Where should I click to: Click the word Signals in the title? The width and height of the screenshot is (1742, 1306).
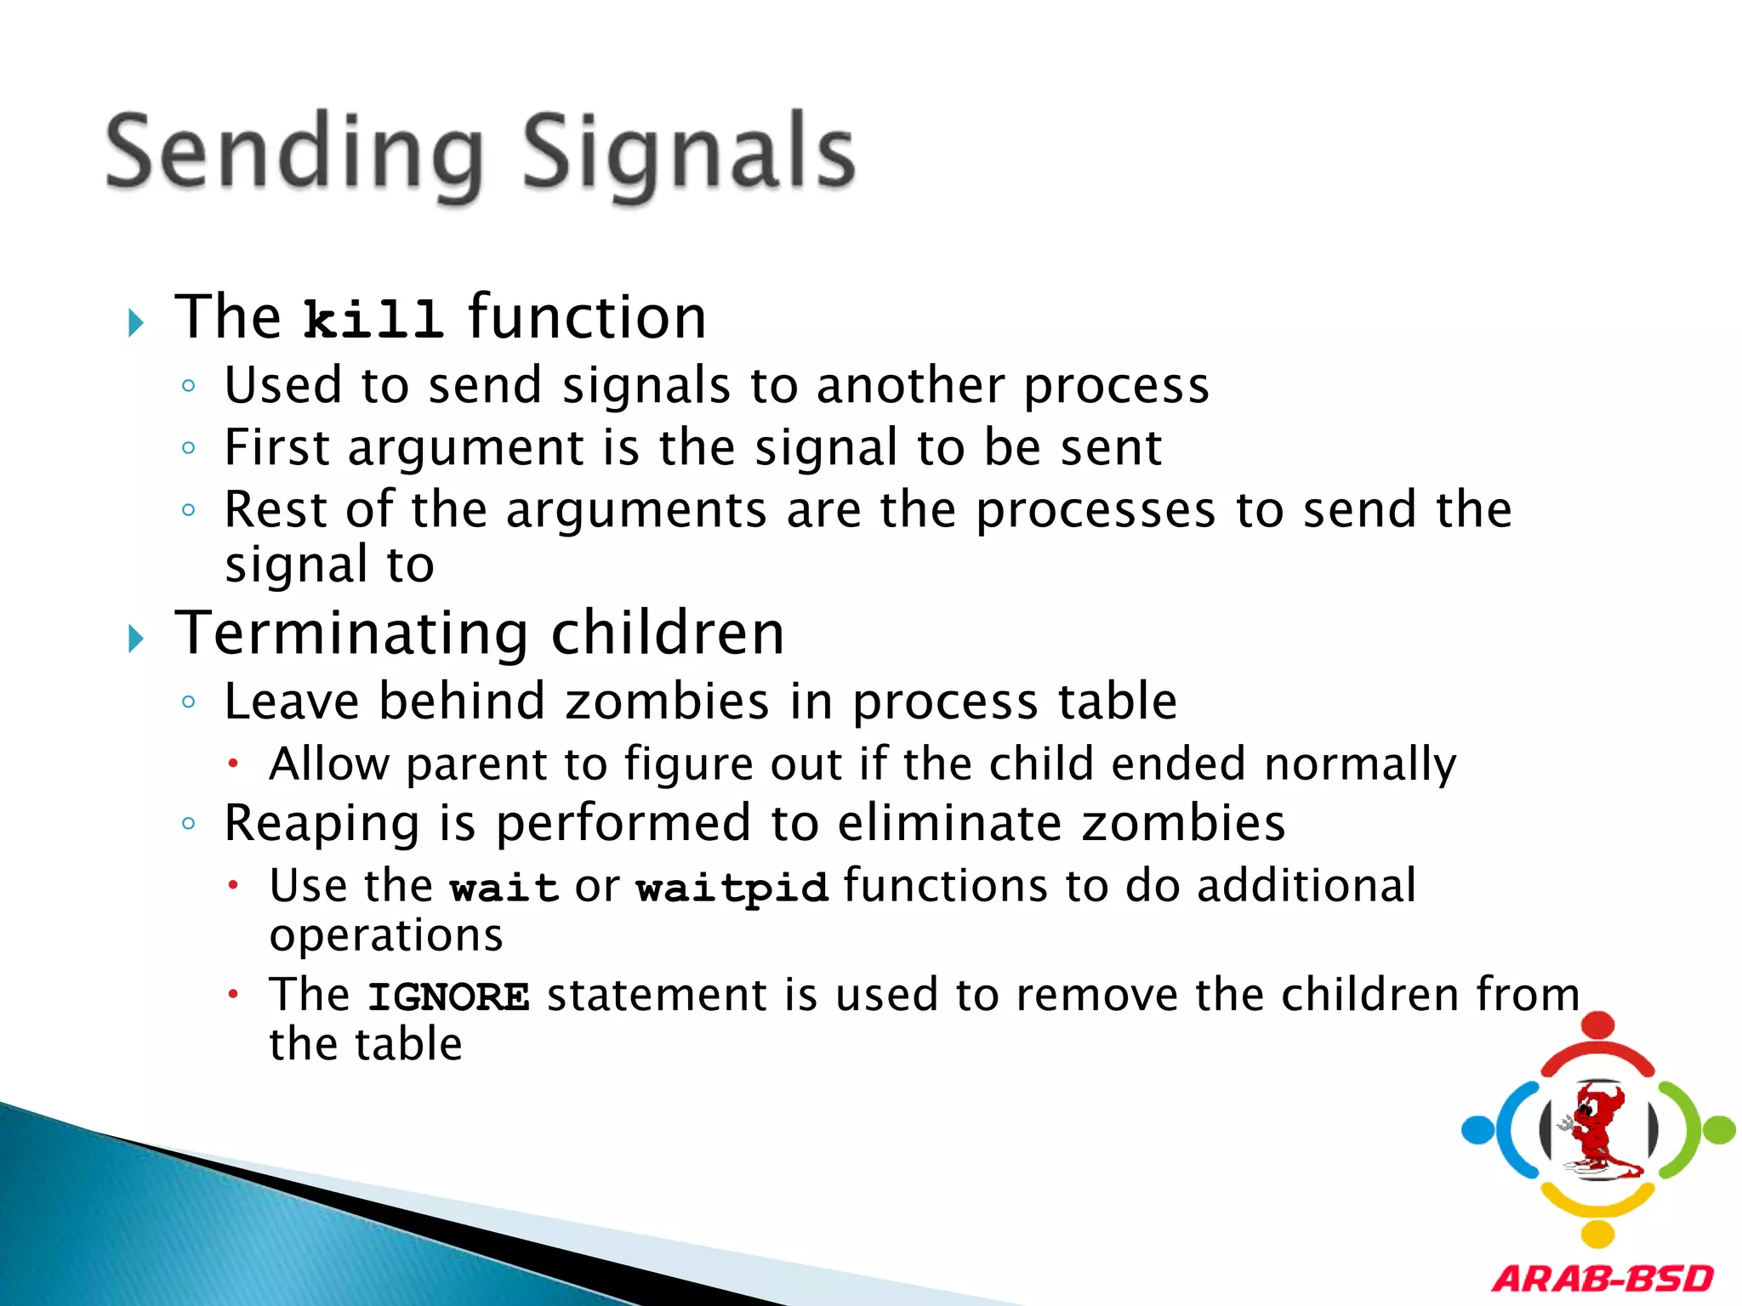pyautogui.click(x=687, y=153)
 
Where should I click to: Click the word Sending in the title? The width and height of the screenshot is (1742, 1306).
pyautogui.click(x=293, y=153)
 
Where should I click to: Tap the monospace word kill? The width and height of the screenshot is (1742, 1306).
pyautogui.click(x=373, y=320)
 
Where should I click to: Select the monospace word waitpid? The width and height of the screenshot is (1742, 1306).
pyautogui.click(x=732, y=889)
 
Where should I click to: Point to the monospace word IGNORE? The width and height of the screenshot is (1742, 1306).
pyautogui.click(x=448, y=997)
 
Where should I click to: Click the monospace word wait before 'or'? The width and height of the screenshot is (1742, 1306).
pyautogui.click(x=504, y=889)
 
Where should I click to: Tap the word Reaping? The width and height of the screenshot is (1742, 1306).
pyautogui.click(x=322, y=824)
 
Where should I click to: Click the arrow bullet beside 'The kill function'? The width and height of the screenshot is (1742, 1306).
pyautogui.click(x=135, y=322)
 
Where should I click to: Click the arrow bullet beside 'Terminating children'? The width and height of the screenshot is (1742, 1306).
pyautogui.click(x=135, y=639)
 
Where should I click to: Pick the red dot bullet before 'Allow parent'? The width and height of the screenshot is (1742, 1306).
pyautogui.click(x=233, y=764)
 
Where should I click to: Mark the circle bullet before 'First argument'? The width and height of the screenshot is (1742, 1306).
pyautogui.click(x=189, y=448)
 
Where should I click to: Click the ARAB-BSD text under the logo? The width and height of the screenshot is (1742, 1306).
pyautogui.click(x=1603, y=1279)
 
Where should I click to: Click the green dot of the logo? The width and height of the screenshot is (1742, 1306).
pyautogui.click(x=1719, y=1130)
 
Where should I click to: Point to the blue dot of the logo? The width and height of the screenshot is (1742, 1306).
pyautogui.click(x=1478, y=1130)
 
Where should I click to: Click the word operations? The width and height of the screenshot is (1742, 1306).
pyautogui.click(x=386, y=936)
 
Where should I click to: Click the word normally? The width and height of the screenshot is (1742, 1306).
pyautogui.click(x=1359, y=764)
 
